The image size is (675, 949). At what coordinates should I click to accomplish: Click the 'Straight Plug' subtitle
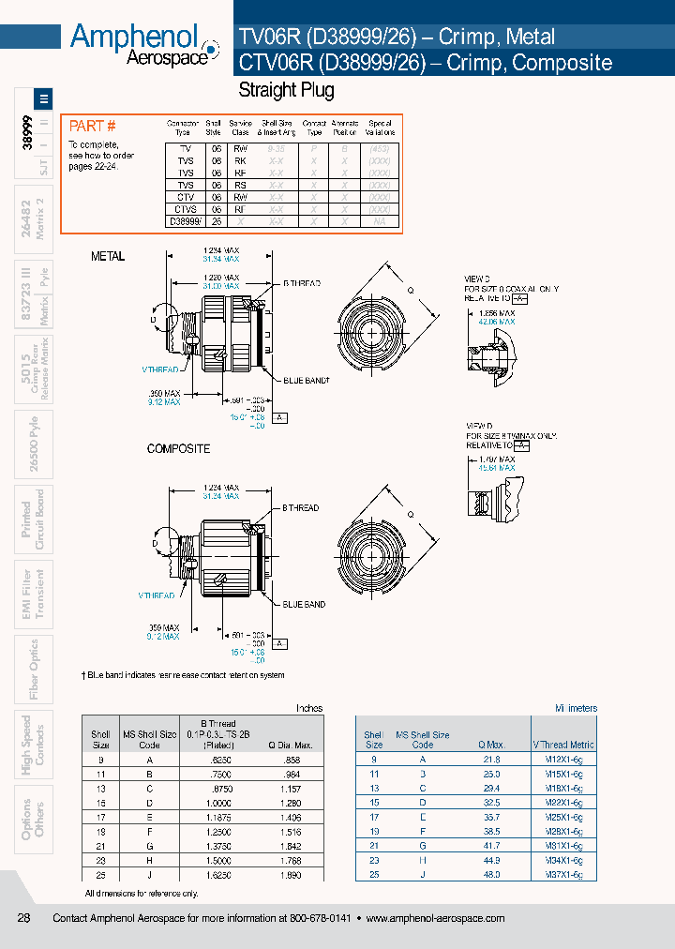click(x=286, y=91)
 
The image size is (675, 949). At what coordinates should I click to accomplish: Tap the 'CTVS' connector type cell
click(x=186, y=210)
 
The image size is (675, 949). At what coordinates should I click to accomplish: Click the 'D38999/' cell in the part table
click(x=185, y=222)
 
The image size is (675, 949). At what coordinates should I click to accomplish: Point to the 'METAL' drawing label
click(x=108, y=256)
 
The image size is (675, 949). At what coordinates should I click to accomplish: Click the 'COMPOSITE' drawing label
click(x=178, y=449)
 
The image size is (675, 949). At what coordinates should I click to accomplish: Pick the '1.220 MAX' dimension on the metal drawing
click(x=221, y=279)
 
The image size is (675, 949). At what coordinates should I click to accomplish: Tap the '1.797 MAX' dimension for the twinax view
click(x=496, y=459)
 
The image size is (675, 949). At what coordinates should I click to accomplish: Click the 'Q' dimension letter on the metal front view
click(x=409, y=290)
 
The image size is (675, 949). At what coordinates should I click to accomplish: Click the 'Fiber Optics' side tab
click(x=34, y=669)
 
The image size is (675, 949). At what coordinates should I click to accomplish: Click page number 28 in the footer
click(x=24, y=918)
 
